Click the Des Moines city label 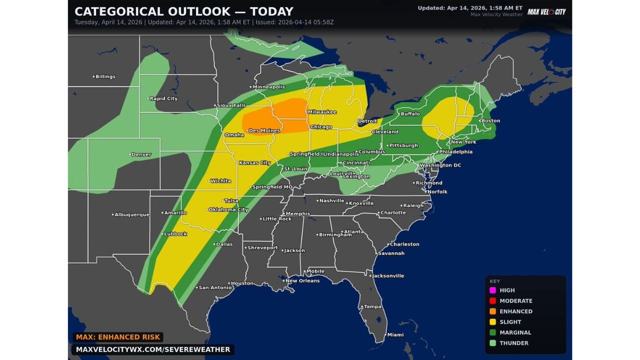point(264,131)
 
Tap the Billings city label point(105,76)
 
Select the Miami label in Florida point(395,335)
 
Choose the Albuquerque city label point(131,214)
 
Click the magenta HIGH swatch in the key point(492,290)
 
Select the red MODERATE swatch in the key point(492,301)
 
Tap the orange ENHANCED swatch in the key point(492,311)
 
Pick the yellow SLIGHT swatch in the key point(492,322)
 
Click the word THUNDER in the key point(514,343)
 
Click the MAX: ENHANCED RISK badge point(118,337)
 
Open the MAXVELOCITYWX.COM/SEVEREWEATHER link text point(153,349)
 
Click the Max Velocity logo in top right point(546,11)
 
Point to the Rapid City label point(163,98)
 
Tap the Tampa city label point(372,307)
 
